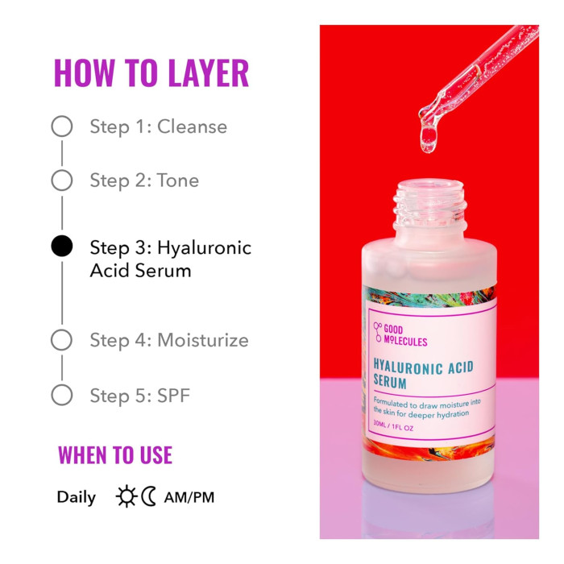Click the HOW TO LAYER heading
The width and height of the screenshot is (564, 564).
click(x=151, y=73)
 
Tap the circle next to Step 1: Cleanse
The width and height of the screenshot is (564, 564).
click(x=62, y=126)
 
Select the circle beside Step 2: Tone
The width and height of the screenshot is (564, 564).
click(x=62, y=180)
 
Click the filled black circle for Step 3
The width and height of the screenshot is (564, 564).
click(x=62, y=247)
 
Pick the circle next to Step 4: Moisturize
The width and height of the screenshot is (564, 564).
click(x=62, y=340)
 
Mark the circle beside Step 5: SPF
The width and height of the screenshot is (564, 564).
click(x=62, y=395)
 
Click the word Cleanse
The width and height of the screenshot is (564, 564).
click(x=192, y=126)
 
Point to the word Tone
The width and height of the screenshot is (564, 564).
click(x=178, y=180)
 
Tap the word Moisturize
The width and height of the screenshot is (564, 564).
click(x=203, y=340)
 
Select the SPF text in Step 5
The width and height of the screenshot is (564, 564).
click(x=174, y=395)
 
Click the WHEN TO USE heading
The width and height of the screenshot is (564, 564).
click(x=115, y=455)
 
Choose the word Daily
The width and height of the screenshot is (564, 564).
click(x=76, y=497)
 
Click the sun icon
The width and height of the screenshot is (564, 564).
click(x=126, y=497)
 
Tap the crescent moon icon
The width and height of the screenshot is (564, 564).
click(x=149, y=497)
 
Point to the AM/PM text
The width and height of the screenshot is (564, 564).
click(x=189, y=497)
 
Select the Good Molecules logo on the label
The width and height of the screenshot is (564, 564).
click(x=400, y=334)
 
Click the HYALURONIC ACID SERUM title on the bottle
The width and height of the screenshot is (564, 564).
click(x=423, y=375)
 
